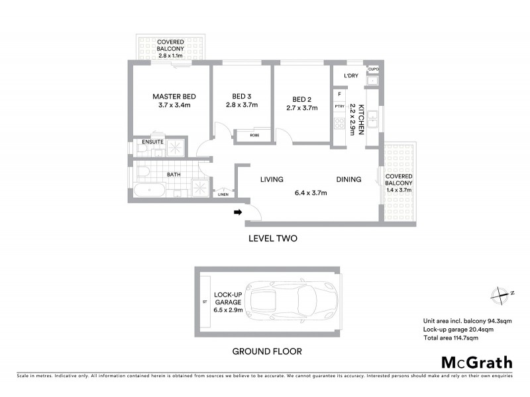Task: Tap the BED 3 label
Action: pyautogui.click(x=241, y=95)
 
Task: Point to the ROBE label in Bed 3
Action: pyautogui.click(x=254, y=135)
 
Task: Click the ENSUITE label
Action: pyautogui.click(x=152, y=142)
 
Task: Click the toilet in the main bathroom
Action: pyautogui.click(x=144, y=173)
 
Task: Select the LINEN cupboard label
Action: pyautogui.click(x=223, y=195)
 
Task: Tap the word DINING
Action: pyautogui.click(x=348, y=179)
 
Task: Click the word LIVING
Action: pyautogui.click(x=272, y=179)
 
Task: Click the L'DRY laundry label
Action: pyautogui.click(x=350, y=76)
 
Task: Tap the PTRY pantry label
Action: pyautogui.click(x=339, y=106)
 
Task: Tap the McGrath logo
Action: pyautogui.click(x=476, y=362)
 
